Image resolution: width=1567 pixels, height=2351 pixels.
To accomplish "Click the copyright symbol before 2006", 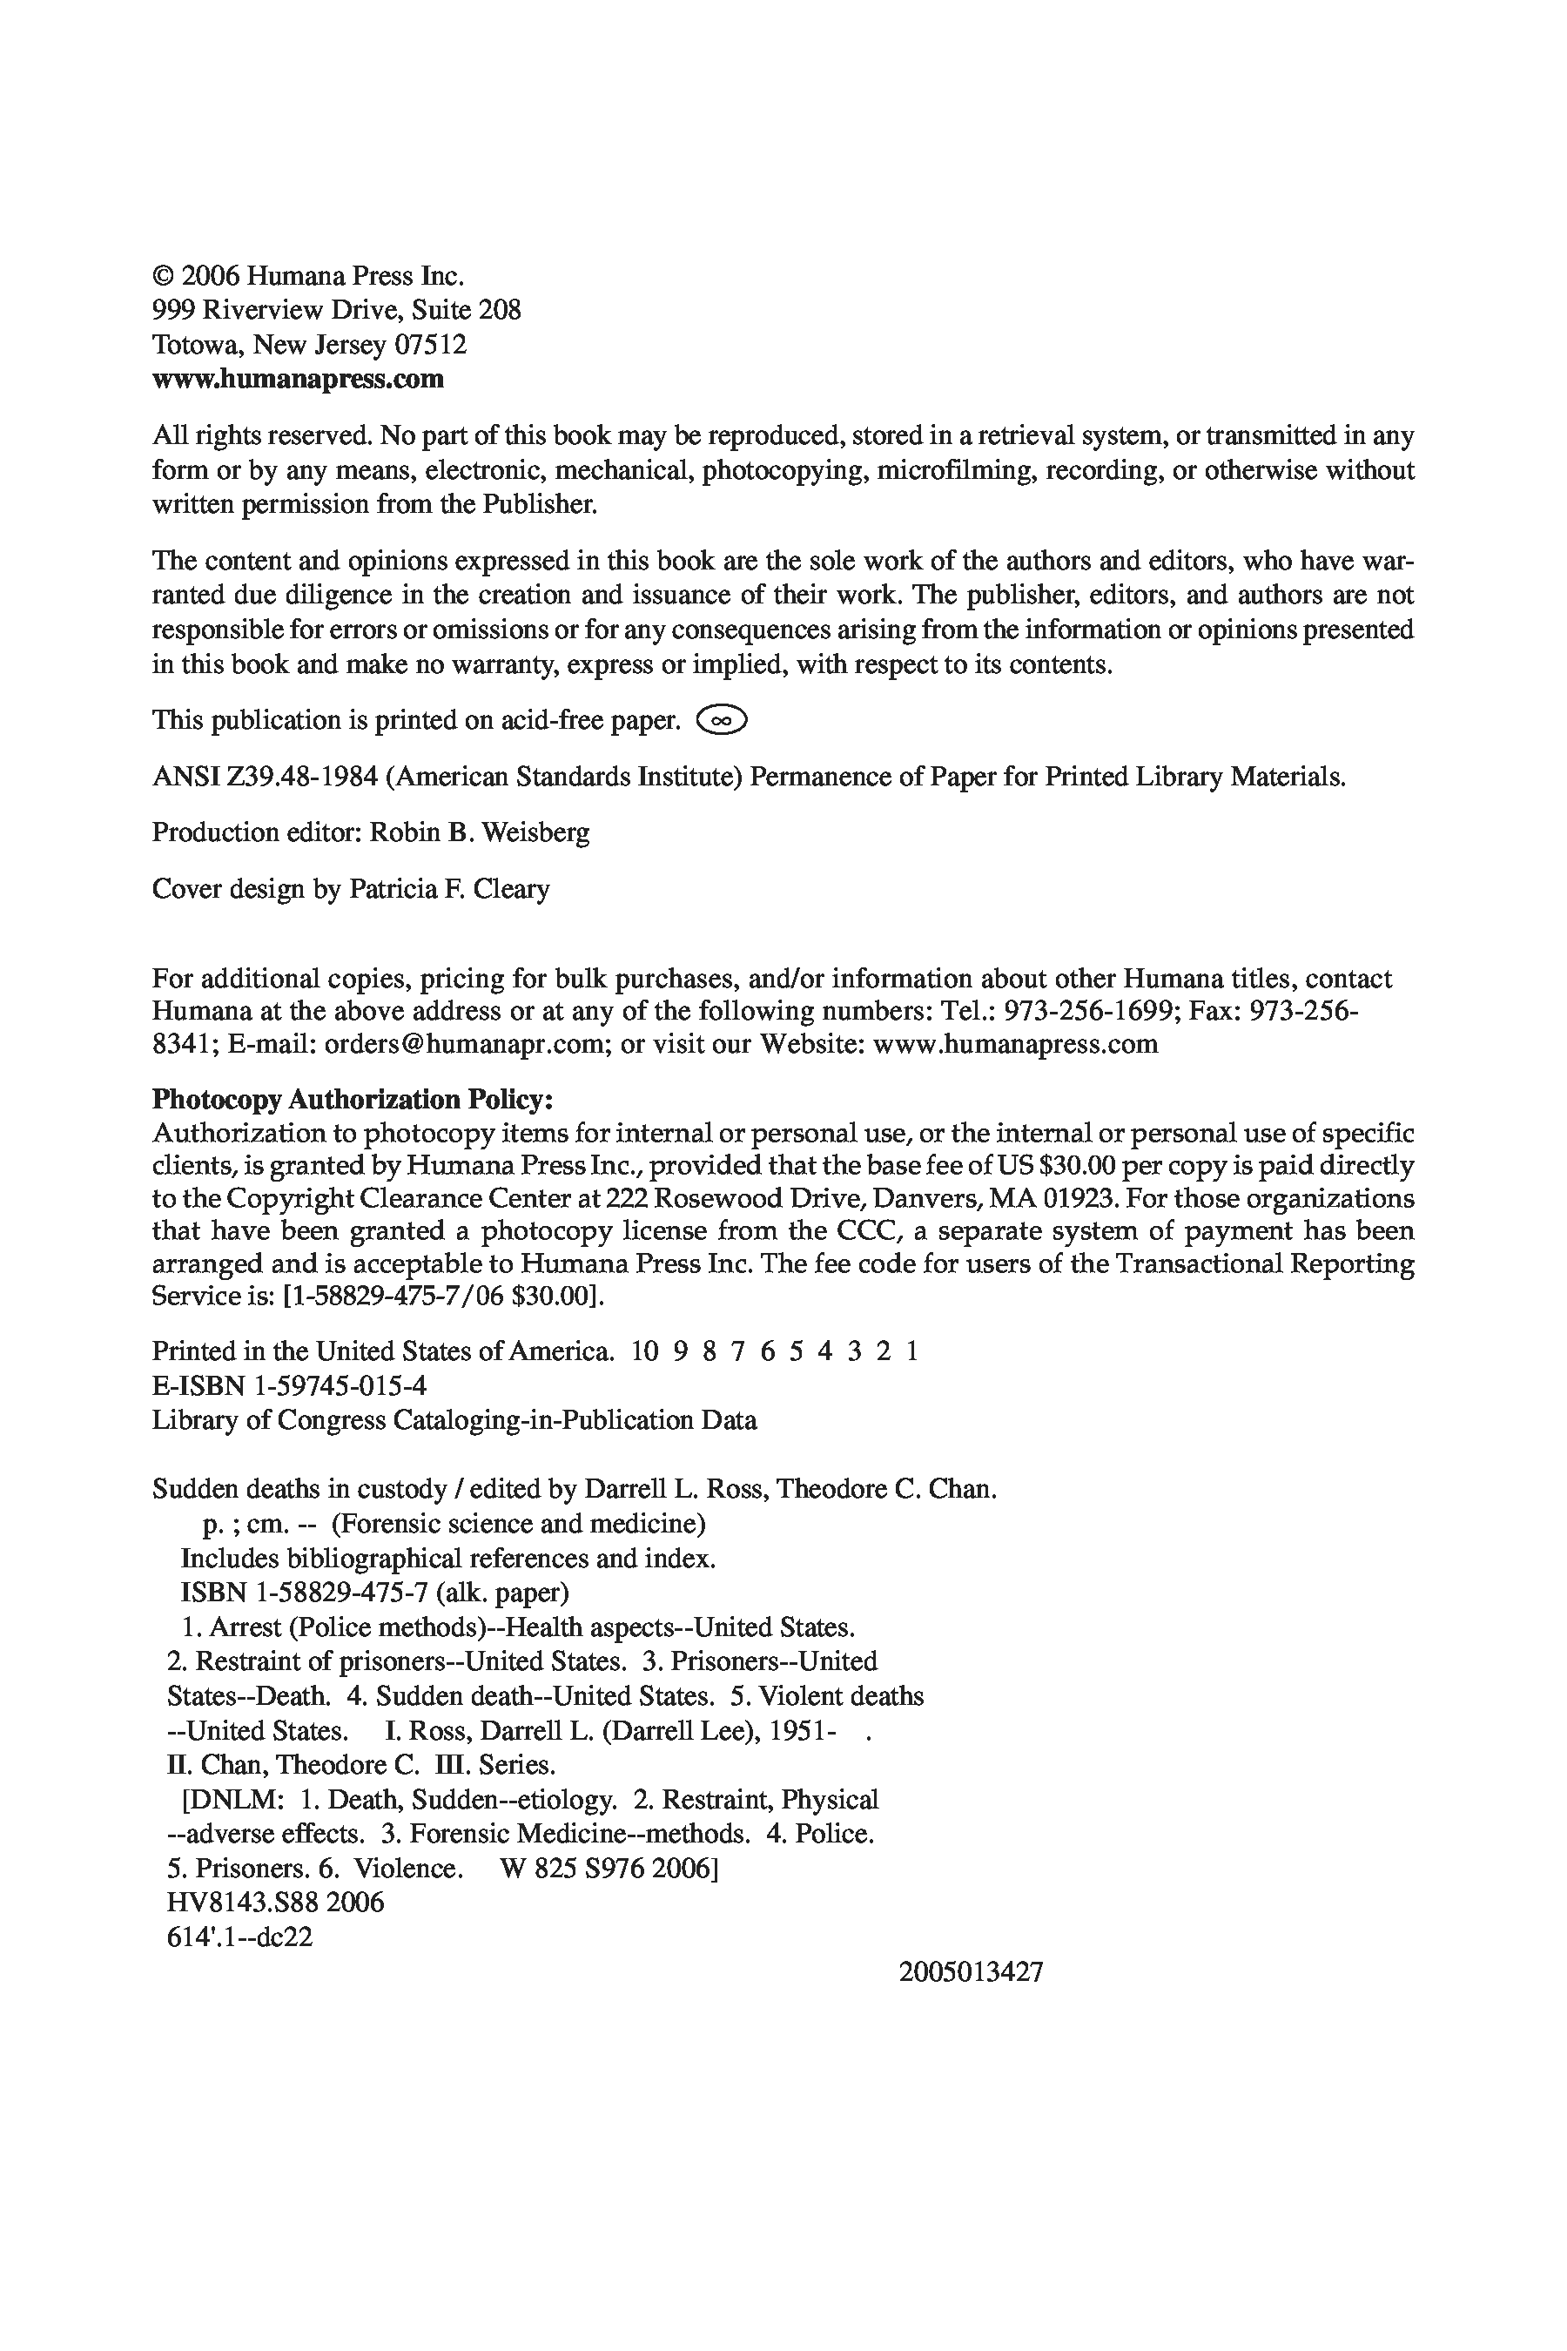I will click(x=162, y=277).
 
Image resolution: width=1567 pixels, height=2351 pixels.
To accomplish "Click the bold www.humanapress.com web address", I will click(x=298, y=380).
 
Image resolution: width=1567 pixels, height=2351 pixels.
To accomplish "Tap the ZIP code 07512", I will click(x=431, y=346).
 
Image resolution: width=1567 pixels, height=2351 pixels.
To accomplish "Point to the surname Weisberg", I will click(x=535, y=832).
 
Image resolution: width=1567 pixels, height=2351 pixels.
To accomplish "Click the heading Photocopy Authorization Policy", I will click(x=352, y=1100).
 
